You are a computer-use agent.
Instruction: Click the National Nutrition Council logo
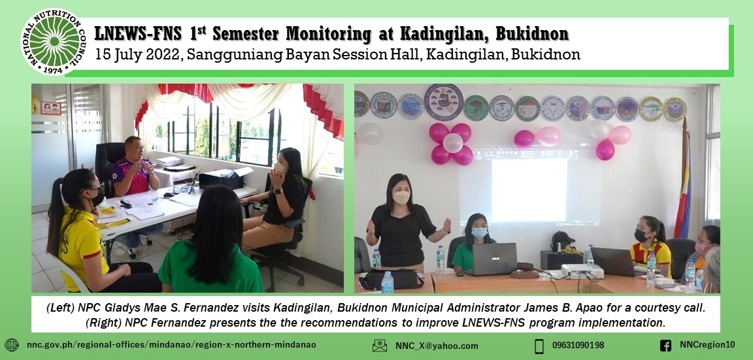click(x=53, y=42)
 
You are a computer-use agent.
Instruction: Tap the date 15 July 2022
click(x=137, y=55)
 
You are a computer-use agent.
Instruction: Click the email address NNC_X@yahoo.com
click(x=437, y=346)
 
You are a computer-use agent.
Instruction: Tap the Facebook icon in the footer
click(x=665, y=346)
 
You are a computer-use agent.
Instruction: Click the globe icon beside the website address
click(x=11, y=345)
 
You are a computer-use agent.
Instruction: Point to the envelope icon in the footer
click(x=380, y=346)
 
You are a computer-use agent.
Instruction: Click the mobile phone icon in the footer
click(x=539, y=346)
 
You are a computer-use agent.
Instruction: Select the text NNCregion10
click(x=707, y=345)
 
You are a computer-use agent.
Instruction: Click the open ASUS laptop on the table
click(x=495, y=258)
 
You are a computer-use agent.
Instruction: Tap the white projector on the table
click(x=564, y=270)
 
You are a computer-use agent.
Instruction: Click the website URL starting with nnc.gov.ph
click(x=171, y=345)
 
